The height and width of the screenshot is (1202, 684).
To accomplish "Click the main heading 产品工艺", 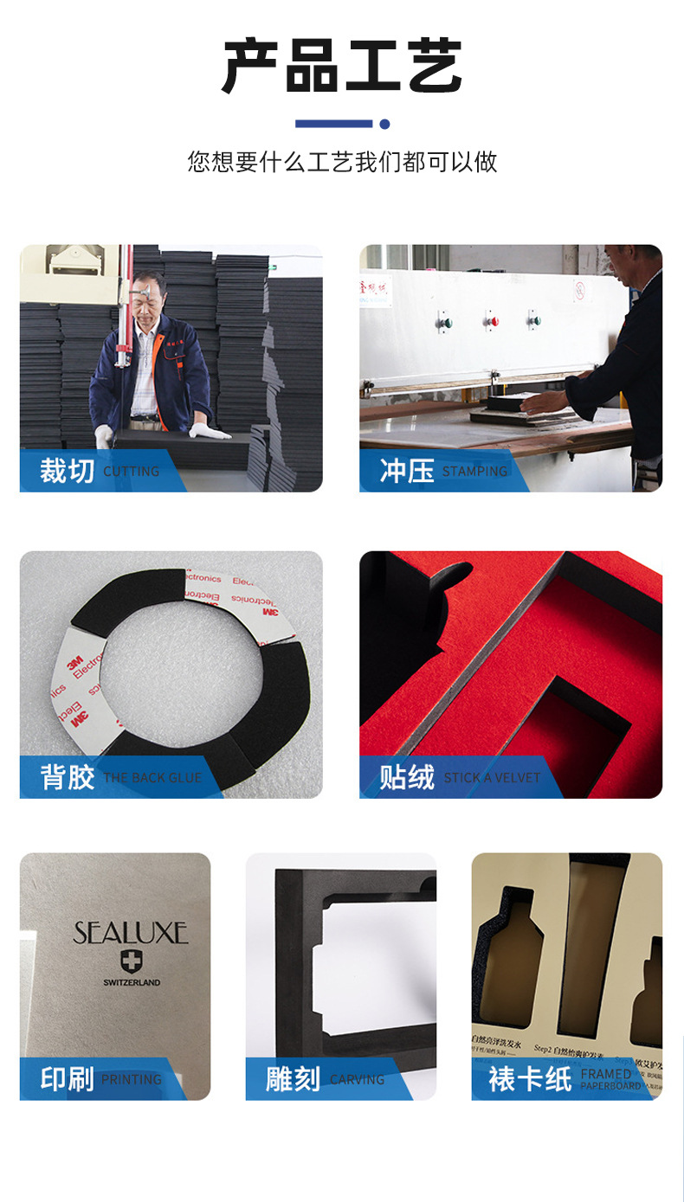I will click(x=342, y=67).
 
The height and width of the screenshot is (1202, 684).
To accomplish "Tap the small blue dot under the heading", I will click(x=384, y=124).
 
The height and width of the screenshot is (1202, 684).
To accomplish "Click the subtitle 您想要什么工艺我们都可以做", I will click(x=342, y=162).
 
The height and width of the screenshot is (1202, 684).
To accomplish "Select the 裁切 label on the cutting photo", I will click(x=67, y=471).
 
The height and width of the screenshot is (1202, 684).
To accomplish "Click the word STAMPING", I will click(x=474, y=472).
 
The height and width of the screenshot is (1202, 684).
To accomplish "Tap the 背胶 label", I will click(x=67, y=777).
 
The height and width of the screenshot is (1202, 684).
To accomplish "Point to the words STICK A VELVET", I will click(x=492, y=778).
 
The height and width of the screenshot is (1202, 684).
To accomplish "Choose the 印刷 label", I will click(x=67, y=1079).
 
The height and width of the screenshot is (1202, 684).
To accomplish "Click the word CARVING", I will click(x=357, y=1080).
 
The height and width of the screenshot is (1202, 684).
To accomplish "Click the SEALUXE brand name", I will click(x=131, y=933).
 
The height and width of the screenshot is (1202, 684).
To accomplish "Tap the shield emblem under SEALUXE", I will click(x=132, y=961).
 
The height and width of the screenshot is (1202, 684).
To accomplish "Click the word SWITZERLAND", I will click(x=132, y=982).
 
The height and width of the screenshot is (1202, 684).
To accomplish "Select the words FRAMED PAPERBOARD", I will click(x=610, y=1079).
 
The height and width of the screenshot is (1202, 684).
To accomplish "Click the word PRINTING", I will click(x=132, y=1080).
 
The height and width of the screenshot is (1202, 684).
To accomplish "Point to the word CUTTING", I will click(x=132, y=472).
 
